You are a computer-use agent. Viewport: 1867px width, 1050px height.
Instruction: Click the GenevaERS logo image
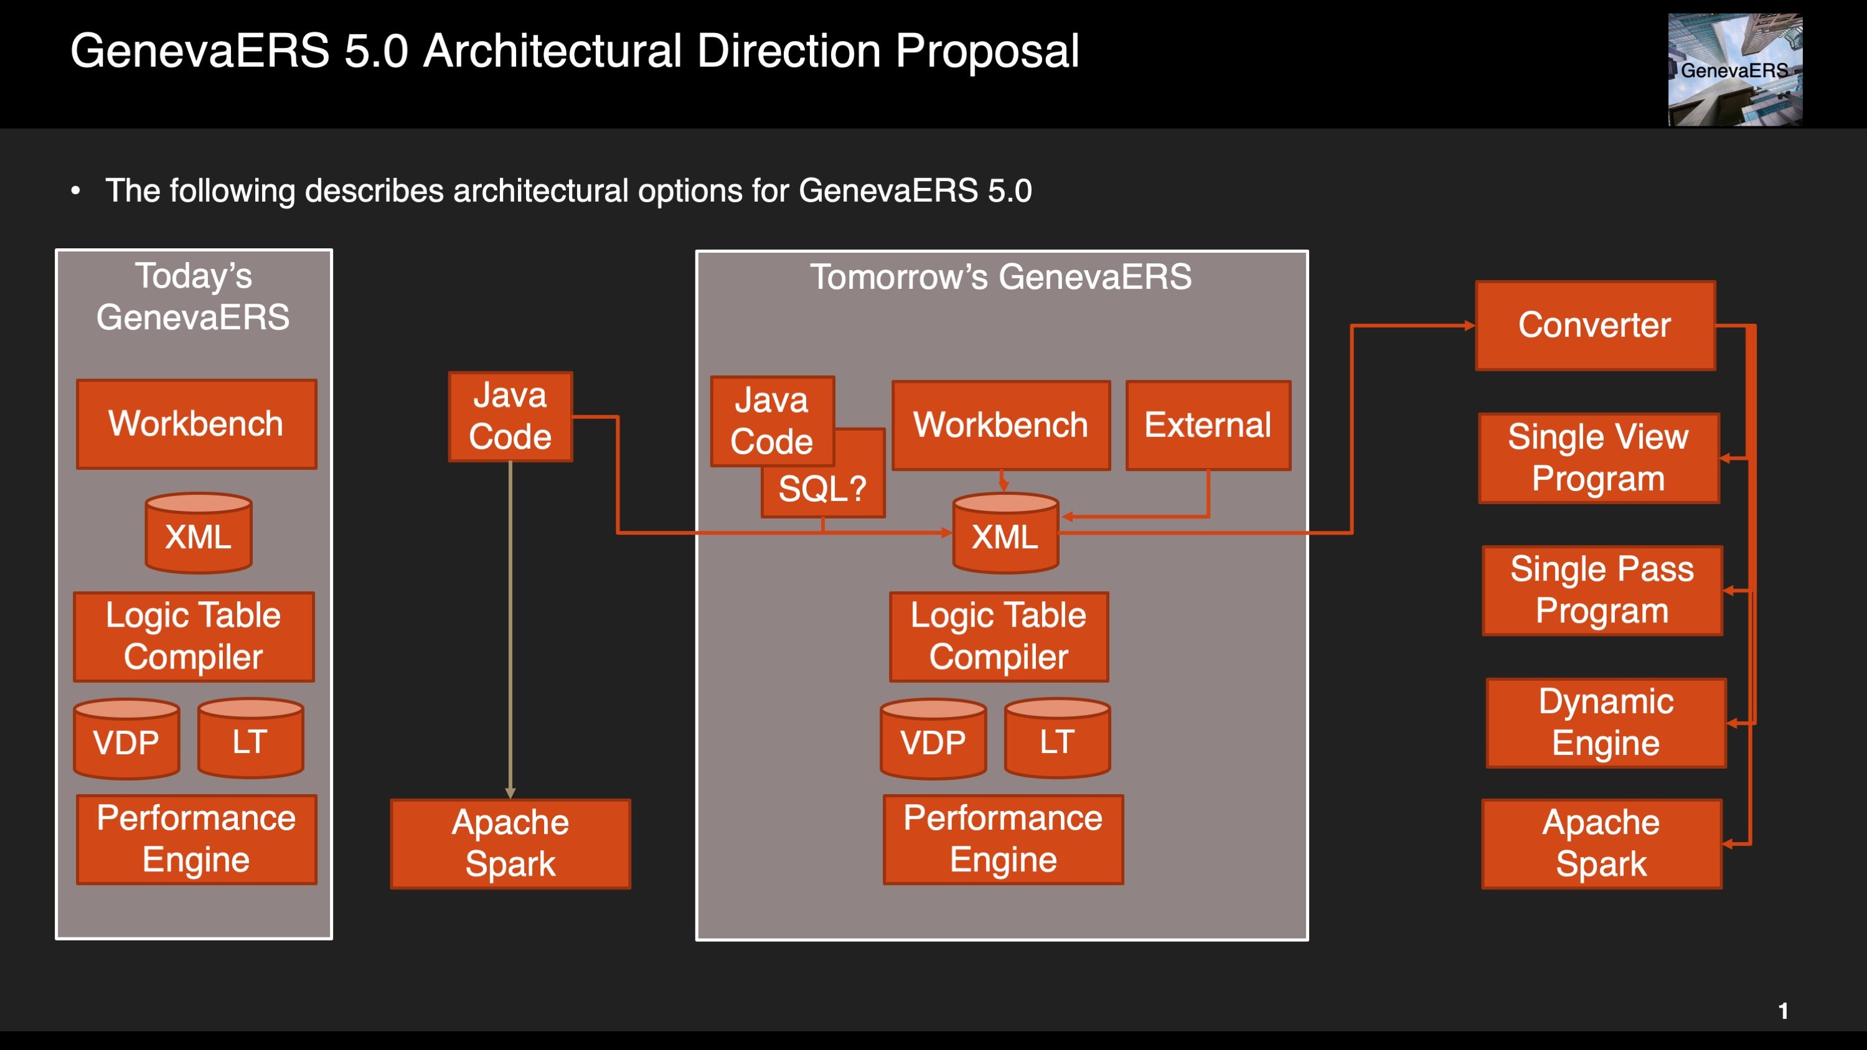pos(1735,70)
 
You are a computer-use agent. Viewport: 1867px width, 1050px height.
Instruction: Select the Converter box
pos(1595,326)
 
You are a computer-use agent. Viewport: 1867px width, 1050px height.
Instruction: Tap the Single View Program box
pos(1599,458)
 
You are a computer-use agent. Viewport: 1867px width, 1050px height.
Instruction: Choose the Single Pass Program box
pos(1602,591)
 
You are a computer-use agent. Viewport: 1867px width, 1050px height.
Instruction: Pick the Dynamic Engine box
pos(1606,723)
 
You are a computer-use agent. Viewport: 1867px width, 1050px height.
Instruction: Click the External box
pos(1208,425)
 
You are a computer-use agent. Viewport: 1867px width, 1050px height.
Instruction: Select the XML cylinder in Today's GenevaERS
pos(199,533)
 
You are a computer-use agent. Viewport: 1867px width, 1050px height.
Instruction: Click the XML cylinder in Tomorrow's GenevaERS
pos(1005,533)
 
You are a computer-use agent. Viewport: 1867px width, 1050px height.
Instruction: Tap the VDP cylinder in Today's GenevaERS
pos(127,738)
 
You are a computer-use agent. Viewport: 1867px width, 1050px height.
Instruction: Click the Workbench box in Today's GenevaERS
pos(197,424)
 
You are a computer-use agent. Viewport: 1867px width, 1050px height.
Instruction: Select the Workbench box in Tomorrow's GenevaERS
pos(1001,425)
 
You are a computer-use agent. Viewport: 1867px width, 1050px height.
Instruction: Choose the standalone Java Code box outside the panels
pos(510,416)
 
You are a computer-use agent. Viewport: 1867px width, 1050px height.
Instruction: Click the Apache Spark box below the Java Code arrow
pos(510,843)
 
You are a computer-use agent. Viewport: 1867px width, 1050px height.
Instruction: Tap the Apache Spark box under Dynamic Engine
pos(1602,843)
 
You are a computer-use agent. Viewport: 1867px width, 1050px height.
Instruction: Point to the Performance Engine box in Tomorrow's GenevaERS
pos(1003,839)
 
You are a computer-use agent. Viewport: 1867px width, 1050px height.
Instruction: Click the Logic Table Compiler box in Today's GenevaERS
pos(194,637)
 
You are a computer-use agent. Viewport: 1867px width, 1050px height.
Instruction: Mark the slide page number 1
pos(1784,1011)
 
